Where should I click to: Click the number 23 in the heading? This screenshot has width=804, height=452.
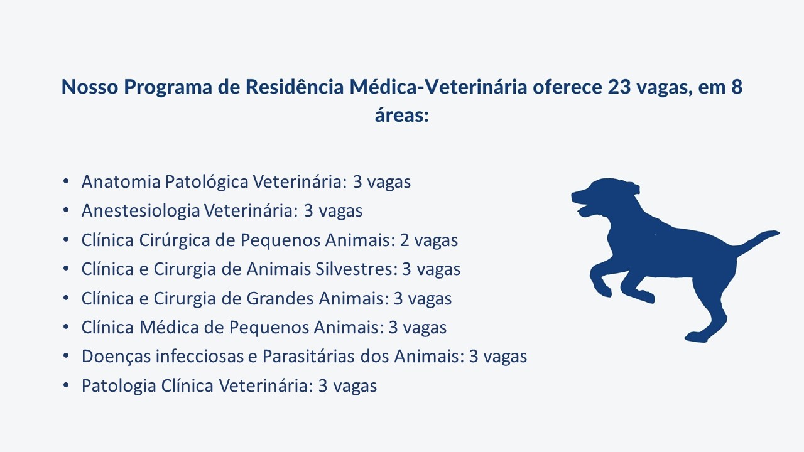click(x=619, y=87)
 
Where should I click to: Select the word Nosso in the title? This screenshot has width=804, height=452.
click(x=90, y=87)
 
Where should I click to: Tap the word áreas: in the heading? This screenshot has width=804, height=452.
click(x=402, y=116)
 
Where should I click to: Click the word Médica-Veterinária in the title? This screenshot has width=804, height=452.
click(x=438, y=87)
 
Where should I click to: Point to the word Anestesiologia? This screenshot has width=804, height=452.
click(x=141, y=211)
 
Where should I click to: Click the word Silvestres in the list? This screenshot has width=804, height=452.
click(x=356, y=269)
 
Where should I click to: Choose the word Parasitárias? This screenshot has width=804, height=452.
click(x=308, y=357)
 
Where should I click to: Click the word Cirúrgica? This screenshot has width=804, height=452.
click(x=175, y=240)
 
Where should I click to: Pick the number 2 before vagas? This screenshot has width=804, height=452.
click(x=405, y=240)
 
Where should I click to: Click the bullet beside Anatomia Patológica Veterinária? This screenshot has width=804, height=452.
click(x=66, y=181)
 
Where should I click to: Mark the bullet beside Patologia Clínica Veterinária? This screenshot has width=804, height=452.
click(x=66, y=385)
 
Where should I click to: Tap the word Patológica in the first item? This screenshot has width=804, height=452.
click(x=207, y=182)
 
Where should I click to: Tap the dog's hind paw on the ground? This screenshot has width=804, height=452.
click(x=697, y=337)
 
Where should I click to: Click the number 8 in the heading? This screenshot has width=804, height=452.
click(x=737, y=87)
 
